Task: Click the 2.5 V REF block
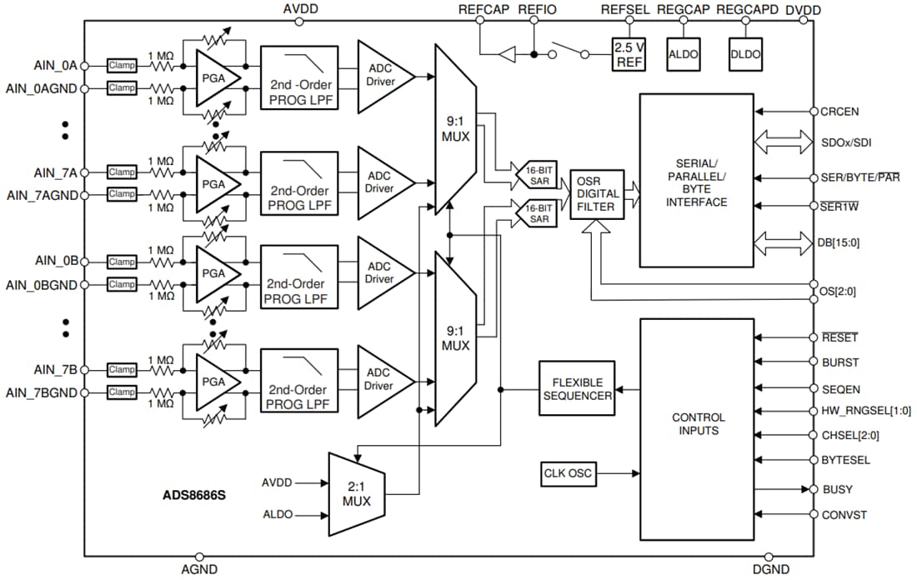[628, 54]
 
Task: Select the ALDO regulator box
[684, 54]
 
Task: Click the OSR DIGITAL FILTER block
[597, 194]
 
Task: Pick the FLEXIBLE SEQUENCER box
[578, 388]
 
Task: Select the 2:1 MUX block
[357, 494]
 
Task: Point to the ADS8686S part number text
[193, 494]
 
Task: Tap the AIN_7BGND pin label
[42, 392]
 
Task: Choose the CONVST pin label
[844, 515]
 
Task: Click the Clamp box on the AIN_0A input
[122, 66]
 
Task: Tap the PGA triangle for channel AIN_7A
[216, 182]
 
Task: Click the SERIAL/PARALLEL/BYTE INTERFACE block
[696, 180]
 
